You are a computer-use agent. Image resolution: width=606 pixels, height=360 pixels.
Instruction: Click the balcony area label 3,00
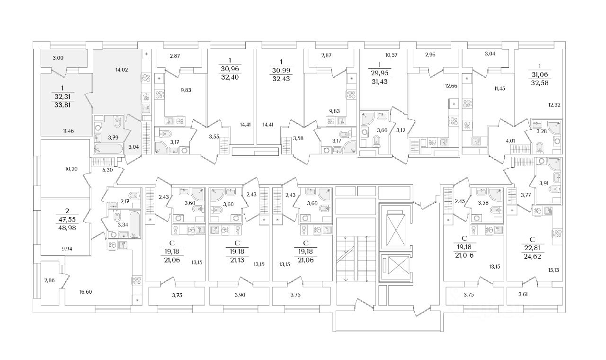click(58, 58)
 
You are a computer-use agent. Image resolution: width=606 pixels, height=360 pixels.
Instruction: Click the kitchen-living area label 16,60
click(86, 292)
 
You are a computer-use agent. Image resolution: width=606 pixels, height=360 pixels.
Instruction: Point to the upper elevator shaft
click(394, 226)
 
